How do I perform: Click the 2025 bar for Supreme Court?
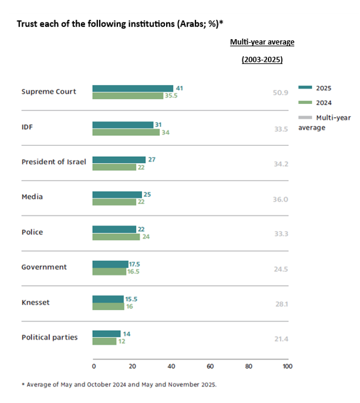coord(132,88)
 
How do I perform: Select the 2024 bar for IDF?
coord(126,132)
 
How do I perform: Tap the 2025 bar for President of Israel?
coord(119,159)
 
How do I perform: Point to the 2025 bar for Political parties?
coord(106,334)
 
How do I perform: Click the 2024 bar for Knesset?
coord(108,306)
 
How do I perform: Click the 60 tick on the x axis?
coord(210,367)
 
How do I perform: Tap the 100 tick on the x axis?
coord(287,367)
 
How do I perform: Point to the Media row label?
coord(32,197)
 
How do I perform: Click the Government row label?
coord(44,267)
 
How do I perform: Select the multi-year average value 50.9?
coord(281,92)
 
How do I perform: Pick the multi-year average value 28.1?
coord(281,304)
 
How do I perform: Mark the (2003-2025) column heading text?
coord(262,59)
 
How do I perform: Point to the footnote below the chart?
coord(119,384)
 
